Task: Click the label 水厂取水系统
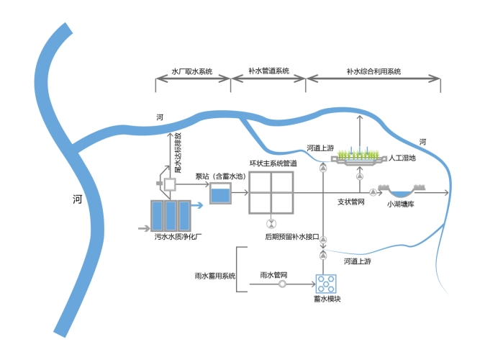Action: (x=191, y=71)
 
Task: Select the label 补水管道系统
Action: (x=268, y=71)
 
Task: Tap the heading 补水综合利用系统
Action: (x=373, y=71)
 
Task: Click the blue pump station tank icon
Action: (x=220, y=193)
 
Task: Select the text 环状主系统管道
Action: (x=273, y=164)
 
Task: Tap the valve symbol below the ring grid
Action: (x=271, y=222)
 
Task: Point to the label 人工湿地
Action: (x=402, y=158)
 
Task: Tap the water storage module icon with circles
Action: (x=327, y=283)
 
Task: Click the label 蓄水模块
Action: (x=327, y=299)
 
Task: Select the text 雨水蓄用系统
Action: (x=215, y=276)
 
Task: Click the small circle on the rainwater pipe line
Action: (x=282, y=284)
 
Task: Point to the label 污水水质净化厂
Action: (x=177, y=235)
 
